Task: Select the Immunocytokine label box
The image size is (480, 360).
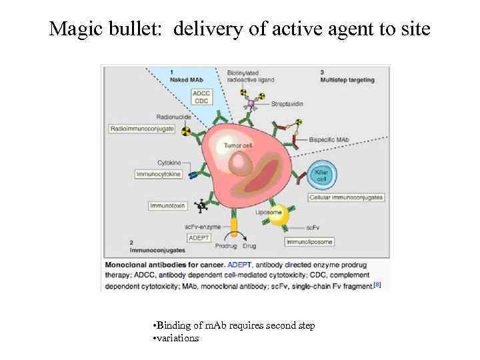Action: click(x=159, y=174)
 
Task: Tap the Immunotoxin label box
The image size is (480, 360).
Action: click(x=167, y=206)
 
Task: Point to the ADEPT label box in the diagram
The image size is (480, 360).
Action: click(x=198, y=237)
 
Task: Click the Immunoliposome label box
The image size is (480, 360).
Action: click(x=309, y=241)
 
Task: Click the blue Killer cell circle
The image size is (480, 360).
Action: click(x=321, y=175)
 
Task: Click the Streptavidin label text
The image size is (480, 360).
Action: click(x=287, y=105)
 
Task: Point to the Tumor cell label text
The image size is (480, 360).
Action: click(x=237, y=145)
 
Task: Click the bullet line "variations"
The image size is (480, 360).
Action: click(x=177, y=338)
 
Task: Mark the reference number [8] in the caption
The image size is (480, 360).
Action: click(x=377, y=285)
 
